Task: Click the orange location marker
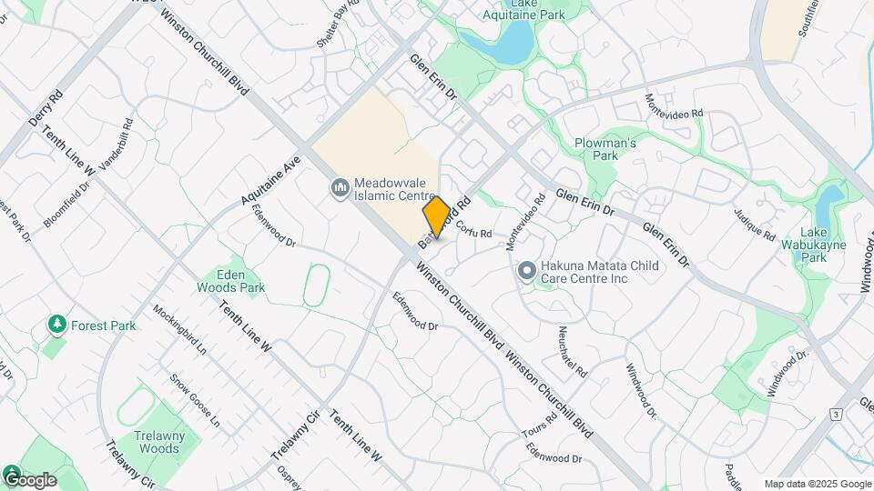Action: pyautogui.click(x=436, y=217)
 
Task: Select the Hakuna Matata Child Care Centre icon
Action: pyautogui.click(x=526, y=270)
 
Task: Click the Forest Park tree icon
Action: pyautogui.click(x=57, y=325)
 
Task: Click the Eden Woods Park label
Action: pyautogui.click(x=229, y=280)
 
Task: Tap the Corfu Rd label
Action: pyautogui.click(x=473, y=231)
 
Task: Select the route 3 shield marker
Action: pyautogui.click(x=835, y=415)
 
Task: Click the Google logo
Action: pyautogui.click(x=30, y=479)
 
